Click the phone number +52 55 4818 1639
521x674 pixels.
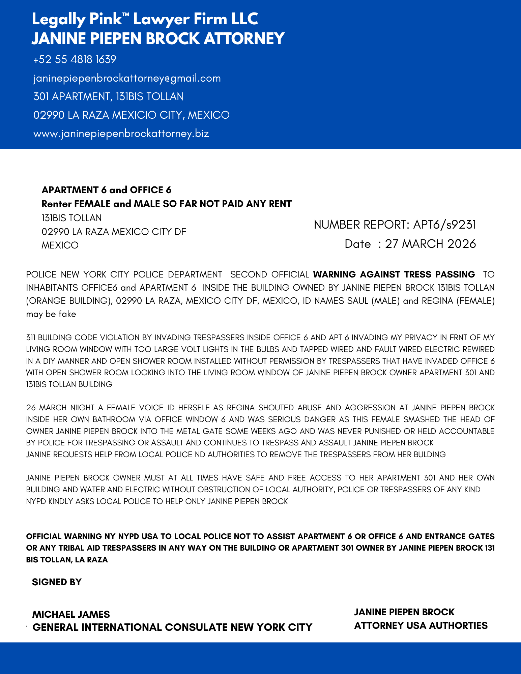coord(75,60)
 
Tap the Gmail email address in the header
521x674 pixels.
coord(127,78)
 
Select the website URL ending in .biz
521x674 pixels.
coord(121,134)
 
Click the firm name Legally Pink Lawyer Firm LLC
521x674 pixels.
coord(145,19)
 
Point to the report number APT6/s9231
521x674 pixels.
coord(444,225)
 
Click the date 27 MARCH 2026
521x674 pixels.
coord(430,244)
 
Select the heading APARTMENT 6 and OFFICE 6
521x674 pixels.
coord(106,190)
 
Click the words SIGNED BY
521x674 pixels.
coord(57,582)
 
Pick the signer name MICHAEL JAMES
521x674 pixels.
coord(71,614)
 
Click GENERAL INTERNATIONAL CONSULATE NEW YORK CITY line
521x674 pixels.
coord(172,627)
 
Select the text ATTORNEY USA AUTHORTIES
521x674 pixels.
coord(421,626)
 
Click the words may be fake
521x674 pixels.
coord(51,314)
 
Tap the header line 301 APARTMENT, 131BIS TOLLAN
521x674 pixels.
coord(108,97)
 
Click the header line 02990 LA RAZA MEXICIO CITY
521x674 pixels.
coord(131,115)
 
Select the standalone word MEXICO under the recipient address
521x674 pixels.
coord(60,245)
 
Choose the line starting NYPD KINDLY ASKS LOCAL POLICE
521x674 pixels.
coord(157,501)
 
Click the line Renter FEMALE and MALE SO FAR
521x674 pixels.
coord(166,204)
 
